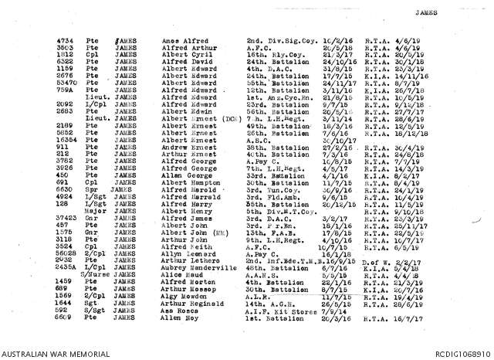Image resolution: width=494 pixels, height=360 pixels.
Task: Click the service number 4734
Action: tap(65, 39)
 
